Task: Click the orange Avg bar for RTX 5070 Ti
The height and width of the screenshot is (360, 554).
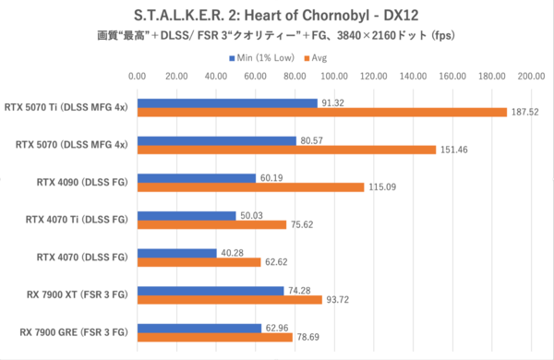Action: click(321, 112)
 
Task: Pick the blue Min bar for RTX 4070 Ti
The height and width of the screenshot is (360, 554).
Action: click(186, 216)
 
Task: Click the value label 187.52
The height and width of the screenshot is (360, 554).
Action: click(524, 112)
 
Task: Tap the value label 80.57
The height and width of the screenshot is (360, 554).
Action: click(312, 140)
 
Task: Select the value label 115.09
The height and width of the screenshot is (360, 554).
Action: click(381, 187)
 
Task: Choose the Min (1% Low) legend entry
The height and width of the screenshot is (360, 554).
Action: click(263, 57)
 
